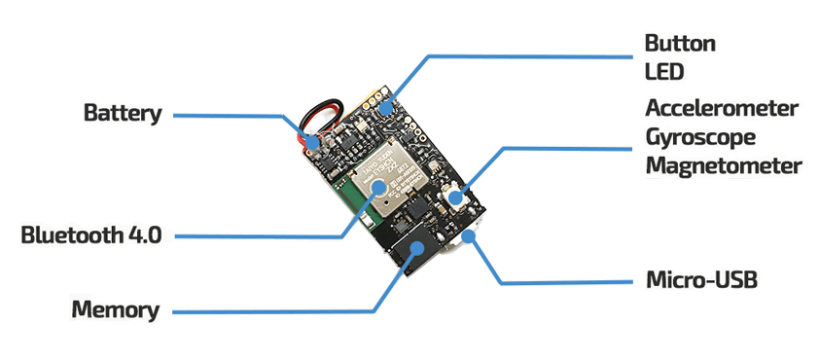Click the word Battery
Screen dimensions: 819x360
[x=123, y=114]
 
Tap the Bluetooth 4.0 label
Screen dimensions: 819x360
[x=91, y=235]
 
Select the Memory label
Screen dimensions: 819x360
[x=116, y=309]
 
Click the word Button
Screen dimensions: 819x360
[x=680, y=44]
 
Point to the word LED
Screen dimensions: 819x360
[x=664, y=72]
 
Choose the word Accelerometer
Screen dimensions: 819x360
[x=722, y=109]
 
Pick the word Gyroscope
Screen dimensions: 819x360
[x=700, y=138]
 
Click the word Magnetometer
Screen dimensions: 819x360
[x=724, y=165]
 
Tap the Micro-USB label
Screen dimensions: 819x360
[x=701, y=280]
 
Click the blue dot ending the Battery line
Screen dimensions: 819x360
[x=313, y=142]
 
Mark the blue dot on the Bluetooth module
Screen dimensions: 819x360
[x=378, y=187]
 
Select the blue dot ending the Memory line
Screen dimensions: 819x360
[x=417, y=248]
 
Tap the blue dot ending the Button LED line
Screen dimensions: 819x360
[x=385, y=108]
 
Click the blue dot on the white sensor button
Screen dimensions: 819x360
[x=455, y=198]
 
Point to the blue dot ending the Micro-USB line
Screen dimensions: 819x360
[x=469, y=236]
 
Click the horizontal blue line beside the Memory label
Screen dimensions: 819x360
[x=273, y=312]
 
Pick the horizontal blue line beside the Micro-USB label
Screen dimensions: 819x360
[x=566, y=283]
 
